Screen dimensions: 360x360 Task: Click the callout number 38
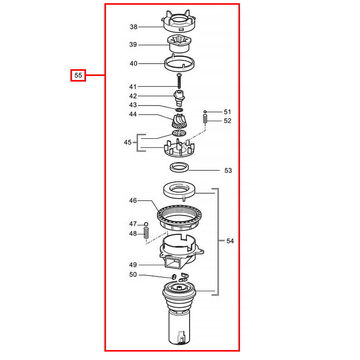coord(133,27)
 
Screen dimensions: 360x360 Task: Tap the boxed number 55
coord(78,75)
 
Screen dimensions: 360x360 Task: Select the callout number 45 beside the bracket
coord(128,142)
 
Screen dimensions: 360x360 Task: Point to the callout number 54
coord(230,241)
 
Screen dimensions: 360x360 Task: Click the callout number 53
coord(228,170)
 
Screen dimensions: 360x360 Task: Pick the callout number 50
coord(133,274)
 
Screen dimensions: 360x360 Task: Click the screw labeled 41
coord(179,81)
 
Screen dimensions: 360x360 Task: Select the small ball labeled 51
coord(205,112)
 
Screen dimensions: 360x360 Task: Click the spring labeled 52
coord(205,119)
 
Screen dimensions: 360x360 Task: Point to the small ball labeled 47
coord(146,224)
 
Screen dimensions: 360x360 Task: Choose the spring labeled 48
coord(146,233)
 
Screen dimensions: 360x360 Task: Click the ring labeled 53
coord(179,167)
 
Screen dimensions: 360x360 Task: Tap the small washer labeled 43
coord(179,110)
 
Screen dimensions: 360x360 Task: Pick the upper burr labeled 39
coord(179,44)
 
